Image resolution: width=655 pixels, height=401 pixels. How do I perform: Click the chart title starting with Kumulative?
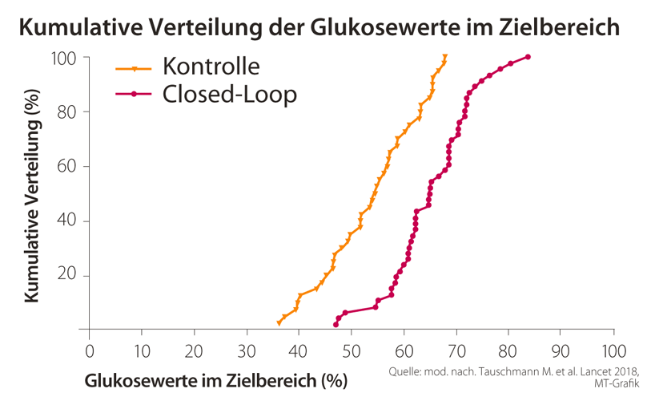tap(319, 26)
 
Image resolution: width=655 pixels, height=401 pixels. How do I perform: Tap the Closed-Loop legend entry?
tap(229, 94)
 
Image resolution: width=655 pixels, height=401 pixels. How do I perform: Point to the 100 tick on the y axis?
tap(65, 59)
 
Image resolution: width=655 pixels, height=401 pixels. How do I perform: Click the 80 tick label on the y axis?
tap(67, 112)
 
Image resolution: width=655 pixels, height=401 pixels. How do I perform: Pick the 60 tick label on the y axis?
tap(67, 167)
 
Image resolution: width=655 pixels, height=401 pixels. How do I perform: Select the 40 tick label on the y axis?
tap(67, 221)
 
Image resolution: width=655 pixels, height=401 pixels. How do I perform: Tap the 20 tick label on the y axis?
tap(67, 276)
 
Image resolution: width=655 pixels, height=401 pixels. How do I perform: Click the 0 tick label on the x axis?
tap(89, 351)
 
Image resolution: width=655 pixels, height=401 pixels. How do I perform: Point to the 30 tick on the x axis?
tap(247, 351)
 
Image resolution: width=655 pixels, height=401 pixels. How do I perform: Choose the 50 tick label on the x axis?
tap(351, 351)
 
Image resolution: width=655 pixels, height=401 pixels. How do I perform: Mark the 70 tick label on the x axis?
tap(456, 351)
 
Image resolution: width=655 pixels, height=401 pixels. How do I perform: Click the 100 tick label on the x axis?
tap(613, 351)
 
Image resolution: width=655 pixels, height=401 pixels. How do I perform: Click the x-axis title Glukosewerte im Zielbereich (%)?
tap(216, 379)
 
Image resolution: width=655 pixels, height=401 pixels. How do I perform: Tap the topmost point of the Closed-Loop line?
tap(528, 57)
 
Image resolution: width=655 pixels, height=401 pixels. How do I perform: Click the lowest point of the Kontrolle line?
tap(279, 322)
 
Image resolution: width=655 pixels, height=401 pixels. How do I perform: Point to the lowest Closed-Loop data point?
tap(336, 324)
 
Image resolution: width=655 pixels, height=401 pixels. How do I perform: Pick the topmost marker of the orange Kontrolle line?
tap(444, 57)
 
